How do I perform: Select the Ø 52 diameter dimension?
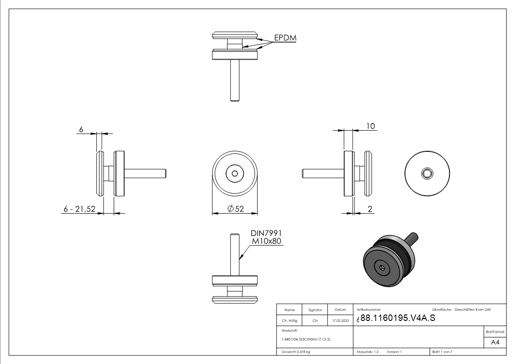[236, 209]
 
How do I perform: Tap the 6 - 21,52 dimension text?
[79, 209]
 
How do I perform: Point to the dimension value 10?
[371, 126]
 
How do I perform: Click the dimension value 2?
[370, 209]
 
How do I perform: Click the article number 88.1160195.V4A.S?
[398, 319]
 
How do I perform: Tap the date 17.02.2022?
[340, 321]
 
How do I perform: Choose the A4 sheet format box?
[495, 342]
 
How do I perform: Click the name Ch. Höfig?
[290, 321]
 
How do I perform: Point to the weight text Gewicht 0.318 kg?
[296, 352]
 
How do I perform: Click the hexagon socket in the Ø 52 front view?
[234, 174]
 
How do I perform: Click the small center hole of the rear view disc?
[427, 173]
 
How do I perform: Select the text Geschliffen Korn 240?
[473, 310]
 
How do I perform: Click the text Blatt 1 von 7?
[442, 352]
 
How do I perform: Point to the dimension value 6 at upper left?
[81, 130]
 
